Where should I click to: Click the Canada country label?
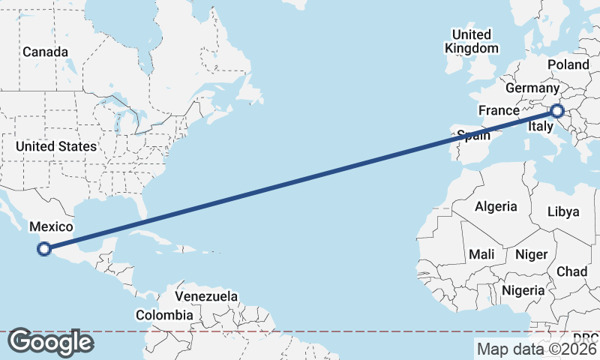tap(45, 52)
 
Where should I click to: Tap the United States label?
tap(56, 146)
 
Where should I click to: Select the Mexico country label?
tap(50, 226)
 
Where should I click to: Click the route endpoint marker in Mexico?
tap(44, 248)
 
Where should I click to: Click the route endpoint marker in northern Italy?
tap(556, 111)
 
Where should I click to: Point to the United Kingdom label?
tap(472, 41)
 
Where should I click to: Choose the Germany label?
tap(532, 88)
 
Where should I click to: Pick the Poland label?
tap(568, 65)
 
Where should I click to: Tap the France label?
tap(499, 111)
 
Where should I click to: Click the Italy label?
tap(541, 127)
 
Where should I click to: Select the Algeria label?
tap(496, 206)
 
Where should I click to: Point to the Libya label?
tap(563, 211)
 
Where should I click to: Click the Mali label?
tap(481, 255)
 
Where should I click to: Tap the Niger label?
tap(531, 255)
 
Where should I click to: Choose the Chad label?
tap(571, 271)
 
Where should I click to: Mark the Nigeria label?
tap(523, 290)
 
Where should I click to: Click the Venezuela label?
tap(206, 296)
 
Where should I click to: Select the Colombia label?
tap(164, 316)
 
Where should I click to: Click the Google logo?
tap(50, 342)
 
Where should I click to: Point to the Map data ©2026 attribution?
tap(536, 349)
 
